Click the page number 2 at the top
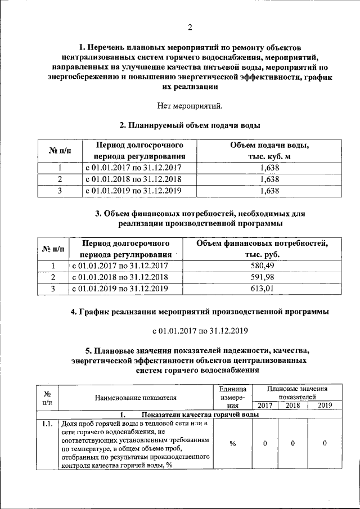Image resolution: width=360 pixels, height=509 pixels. pos(190,28)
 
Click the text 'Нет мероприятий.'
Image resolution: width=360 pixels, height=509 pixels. pos(189,105)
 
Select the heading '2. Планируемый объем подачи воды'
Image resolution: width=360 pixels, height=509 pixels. pos(189,125)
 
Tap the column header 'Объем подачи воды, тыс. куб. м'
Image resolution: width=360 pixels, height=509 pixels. pos(269,151)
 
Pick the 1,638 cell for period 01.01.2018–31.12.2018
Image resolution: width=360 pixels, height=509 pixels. pos(269,179)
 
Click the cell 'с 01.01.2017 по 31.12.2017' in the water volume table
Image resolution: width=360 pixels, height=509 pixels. pos(133,168)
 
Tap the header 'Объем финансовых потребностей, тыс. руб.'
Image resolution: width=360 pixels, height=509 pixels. pos(262,249)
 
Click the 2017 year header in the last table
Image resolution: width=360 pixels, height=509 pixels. pos(264,405)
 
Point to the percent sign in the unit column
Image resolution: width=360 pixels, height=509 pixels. pos(232,443)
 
